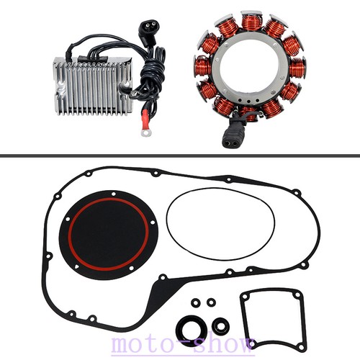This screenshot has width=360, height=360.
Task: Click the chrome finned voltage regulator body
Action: [92, 86]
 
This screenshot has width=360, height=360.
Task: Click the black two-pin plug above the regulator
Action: [145, 34]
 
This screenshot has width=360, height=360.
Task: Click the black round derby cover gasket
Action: [109, 235]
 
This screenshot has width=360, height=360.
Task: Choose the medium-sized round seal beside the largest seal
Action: [220, 326]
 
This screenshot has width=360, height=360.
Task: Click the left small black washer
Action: [196, 302]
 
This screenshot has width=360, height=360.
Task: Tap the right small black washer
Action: [211, 302]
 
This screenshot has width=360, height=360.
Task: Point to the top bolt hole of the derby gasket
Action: [114, 194]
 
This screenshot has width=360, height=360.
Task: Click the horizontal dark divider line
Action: [180, 156]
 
